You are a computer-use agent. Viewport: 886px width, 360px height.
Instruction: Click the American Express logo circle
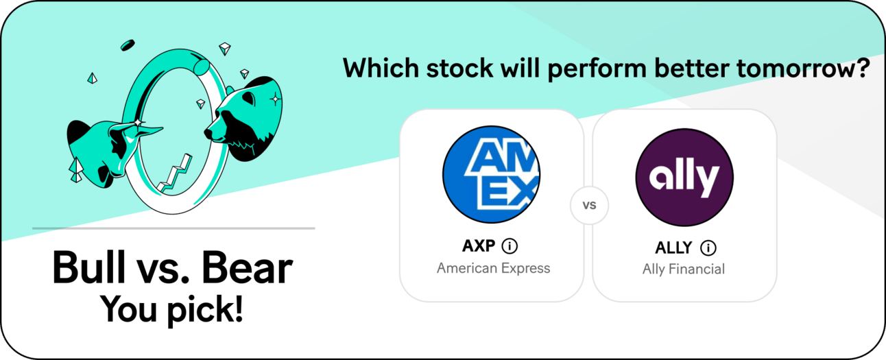click(491, 174)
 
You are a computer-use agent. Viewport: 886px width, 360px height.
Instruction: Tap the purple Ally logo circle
click(684, 177)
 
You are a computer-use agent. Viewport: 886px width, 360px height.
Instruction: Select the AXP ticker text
click(479, 246)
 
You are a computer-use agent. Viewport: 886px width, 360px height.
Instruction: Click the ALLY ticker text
click(673, 248)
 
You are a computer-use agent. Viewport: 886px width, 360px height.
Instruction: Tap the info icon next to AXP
click(510, 246)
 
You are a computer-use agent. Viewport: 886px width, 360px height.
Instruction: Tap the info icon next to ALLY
click(708, 248)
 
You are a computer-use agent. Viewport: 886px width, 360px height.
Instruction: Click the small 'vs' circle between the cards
click(589, 205)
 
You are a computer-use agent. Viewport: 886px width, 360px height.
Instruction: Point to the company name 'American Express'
click(493, 268)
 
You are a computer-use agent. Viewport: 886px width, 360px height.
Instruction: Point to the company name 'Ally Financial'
click(684, 269)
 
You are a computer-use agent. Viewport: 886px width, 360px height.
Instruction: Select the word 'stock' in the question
click(459, 69)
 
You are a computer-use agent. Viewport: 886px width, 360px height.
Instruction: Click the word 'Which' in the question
click(381, 68)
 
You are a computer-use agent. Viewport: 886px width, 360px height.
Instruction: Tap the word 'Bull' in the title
click(88, 267)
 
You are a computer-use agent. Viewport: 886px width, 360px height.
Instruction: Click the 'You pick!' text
click(171, 310)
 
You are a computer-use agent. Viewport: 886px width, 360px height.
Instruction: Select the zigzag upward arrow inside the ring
click(175, 174)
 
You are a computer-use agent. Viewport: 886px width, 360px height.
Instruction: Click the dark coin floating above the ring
click(128, 45)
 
